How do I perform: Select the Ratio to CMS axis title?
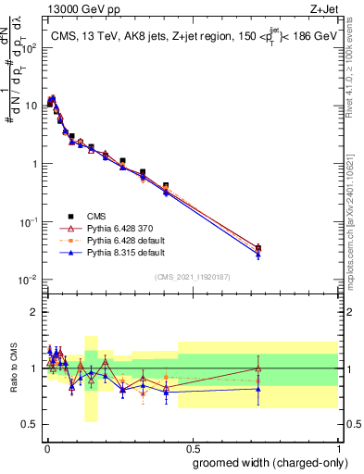click(x=14, y=368)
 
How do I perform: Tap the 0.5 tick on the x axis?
click(x=192, y=446)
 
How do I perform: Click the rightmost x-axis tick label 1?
click(x=338, y=446)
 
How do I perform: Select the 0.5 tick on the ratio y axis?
click(x=31, y=425)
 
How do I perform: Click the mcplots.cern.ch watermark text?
click(x=355, y=231)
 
